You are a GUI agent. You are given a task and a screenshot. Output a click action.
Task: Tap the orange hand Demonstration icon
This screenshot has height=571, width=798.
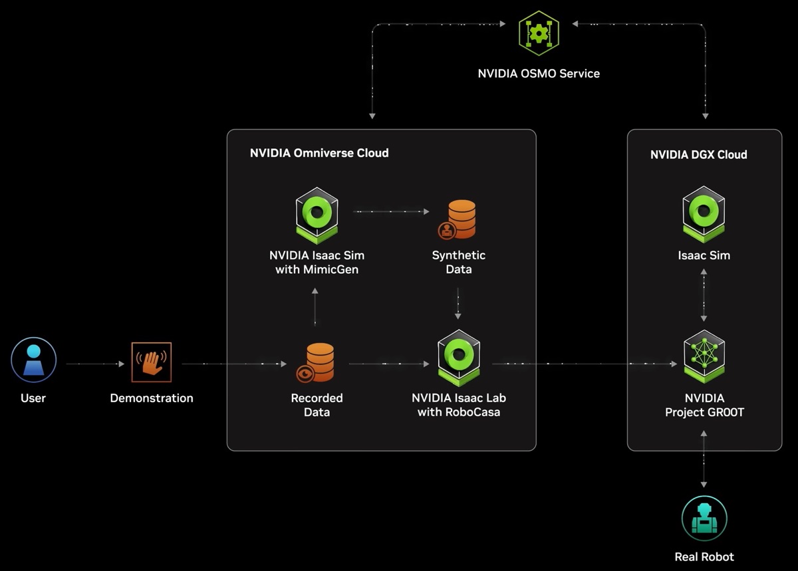[x=152, y=362]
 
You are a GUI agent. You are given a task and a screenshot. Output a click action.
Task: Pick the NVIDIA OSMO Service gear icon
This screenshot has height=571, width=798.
[x=539, y=33]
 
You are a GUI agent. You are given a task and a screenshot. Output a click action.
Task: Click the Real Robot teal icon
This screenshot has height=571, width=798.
[x=704, y=518]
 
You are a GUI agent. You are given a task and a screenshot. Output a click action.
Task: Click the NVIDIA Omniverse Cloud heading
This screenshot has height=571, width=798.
[x=319, y=153]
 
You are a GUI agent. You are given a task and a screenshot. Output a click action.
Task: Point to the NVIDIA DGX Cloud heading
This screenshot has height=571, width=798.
[x=698, y=155]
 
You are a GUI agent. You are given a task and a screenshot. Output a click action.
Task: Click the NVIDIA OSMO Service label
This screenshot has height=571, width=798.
[x=539, y=74]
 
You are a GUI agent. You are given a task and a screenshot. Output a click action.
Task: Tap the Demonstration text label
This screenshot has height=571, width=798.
[x=152, y=398]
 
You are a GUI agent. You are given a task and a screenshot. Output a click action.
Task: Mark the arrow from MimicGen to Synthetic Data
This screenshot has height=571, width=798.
[x=391, y=211]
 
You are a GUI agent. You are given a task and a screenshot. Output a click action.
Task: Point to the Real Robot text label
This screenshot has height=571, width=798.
[x=704, y=557]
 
